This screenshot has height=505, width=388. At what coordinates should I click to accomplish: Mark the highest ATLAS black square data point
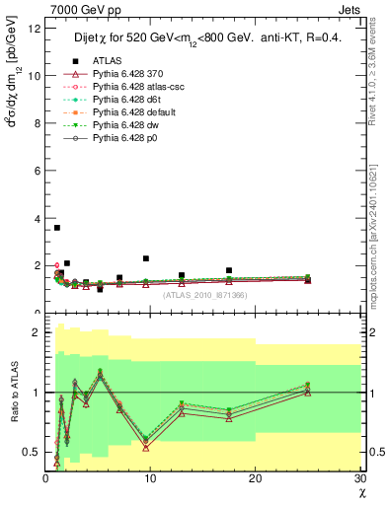click(x=56, y=228)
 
